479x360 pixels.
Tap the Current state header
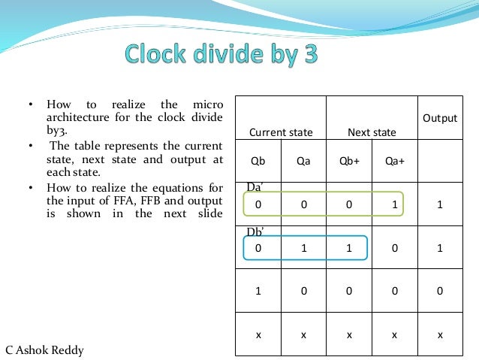point(281,132)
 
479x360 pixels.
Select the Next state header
point(372,132)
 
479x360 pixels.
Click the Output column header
point(440,118)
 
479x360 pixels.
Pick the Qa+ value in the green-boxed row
point(394,204)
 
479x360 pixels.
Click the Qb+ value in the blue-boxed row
point(349,249)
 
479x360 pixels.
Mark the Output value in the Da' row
point(440,204)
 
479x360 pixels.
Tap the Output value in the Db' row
point(440,249)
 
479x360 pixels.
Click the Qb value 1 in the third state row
point(258,290)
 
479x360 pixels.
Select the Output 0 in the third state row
point(440,290)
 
